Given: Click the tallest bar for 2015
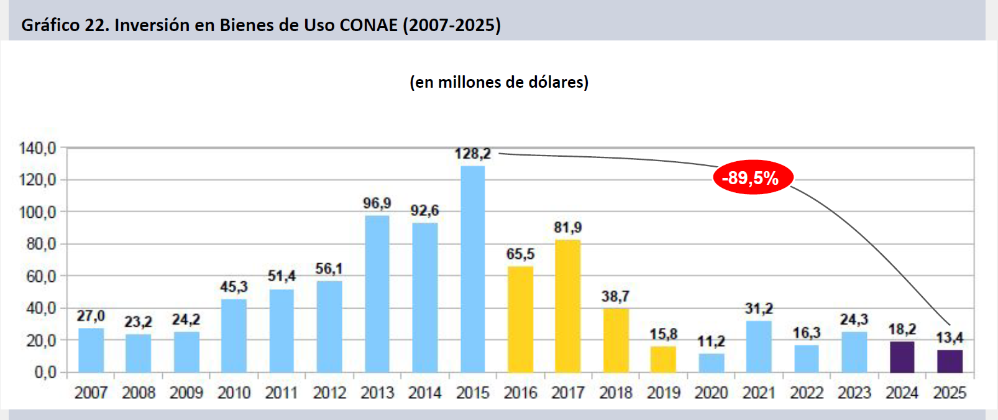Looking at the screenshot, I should coord(473,269).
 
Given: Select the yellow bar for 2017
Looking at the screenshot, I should coord(567,306).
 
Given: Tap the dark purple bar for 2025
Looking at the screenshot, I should coord(950,362).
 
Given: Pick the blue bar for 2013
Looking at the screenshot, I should coord(377,294).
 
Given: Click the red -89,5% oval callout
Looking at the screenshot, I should coord(753,178).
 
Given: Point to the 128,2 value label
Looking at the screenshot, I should coord(472,154).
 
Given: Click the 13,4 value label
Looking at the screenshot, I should coord(950,338).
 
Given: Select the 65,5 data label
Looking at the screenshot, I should coord(520,254).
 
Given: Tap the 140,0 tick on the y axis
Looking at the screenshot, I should coord(37,148).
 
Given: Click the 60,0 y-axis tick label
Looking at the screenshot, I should coord(40,276).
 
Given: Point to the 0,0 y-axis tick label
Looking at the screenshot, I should coord(45,372).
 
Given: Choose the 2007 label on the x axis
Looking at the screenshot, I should coord(91,393).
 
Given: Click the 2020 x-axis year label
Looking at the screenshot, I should coord(711,393).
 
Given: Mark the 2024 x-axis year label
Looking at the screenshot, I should coord(902,393).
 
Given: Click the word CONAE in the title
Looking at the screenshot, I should coord(369,25).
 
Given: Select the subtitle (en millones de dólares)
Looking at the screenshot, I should coord(499,82).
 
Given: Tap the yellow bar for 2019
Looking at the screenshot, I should coord(663,359).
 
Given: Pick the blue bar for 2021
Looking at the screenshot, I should coord(759,347).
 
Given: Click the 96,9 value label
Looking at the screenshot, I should coord(377,203).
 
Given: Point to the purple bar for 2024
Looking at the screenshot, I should coord(902,357).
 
